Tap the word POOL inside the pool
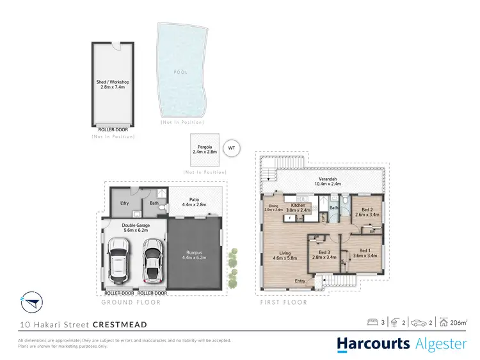click(181, 72)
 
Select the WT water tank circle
click(232, 148)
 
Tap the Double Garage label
click(134, 227)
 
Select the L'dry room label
click(125, 204)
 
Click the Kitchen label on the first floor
click(297, 208)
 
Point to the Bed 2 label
click(367, 212)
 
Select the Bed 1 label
click(364, 253)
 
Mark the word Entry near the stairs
click(300, 281)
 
